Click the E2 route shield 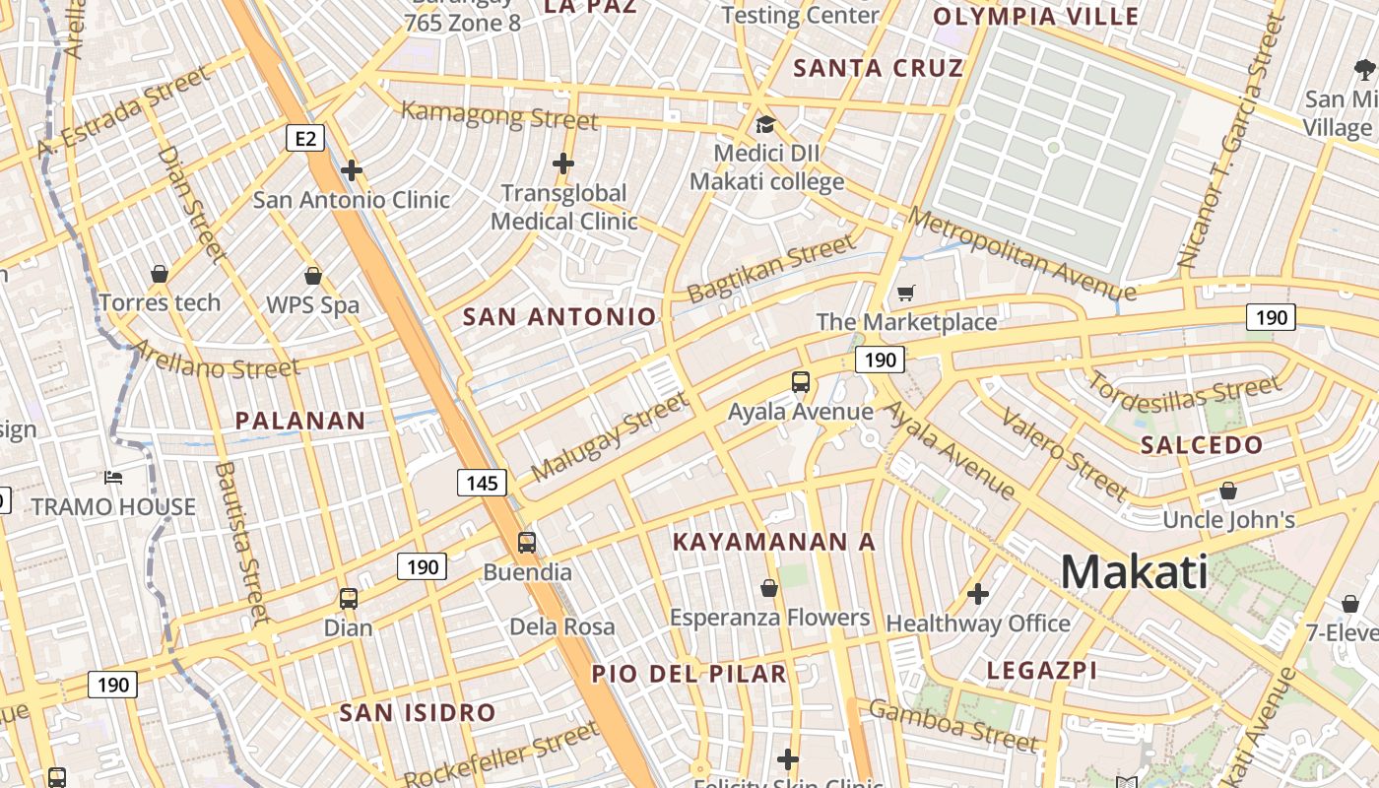coord(305,138)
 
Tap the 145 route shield coord(482,483)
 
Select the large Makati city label coord(1134,572)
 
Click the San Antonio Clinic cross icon coord(352,170)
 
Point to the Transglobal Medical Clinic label coord(564,207)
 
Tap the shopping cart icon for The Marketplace coord(906,292)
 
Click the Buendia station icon coord(527,542)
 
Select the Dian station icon coord(348,598)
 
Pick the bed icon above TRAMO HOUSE coord(113,478)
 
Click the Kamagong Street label coord(499,115)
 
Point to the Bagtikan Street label coord(771,269)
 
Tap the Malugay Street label coord(609,436)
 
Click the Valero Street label coord(1064,453)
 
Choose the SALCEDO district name coord(1202,445)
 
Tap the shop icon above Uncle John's coord(1228,490)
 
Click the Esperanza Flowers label coord(770,618)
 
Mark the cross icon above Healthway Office coord(977,593)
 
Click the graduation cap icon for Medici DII coord(765,124)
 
